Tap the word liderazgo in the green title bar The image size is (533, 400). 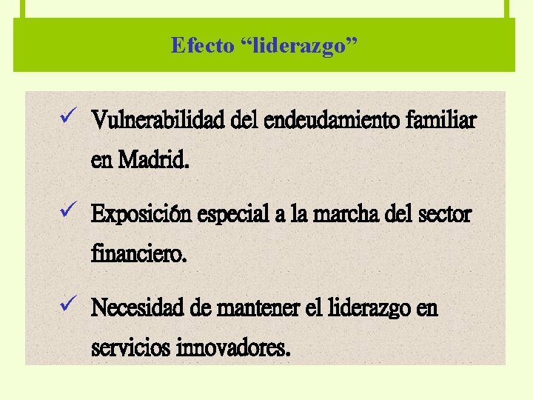click(x=300, y=46)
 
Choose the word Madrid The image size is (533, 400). click(x=152, y=159)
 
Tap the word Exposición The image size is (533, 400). click(x=141, y=215)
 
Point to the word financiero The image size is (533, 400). click(x=138, y=255)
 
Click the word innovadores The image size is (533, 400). click(x=233, y=347)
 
